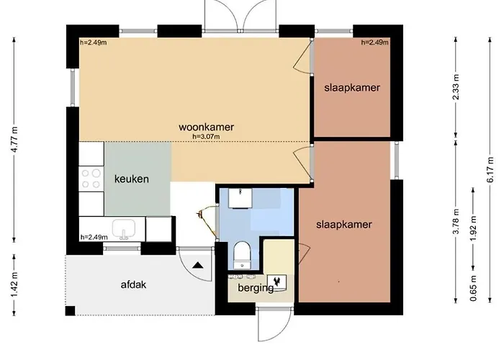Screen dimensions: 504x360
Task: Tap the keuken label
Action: click(132, 179)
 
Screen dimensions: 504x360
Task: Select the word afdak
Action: click(133, 284)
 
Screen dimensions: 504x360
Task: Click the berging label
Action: click(256, 288)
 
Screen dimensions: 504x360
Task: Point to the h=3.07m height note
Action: click(206, 137)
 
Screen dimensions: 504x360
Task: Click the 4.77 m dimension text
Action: click(14, 140)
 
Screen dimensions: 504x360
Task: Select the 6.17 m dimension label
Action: click(490, 170)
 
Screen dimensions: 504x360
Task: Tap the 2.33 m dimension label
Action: click(456, 87)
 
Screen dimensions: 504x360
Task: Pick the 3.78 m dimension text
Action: click(456, 222)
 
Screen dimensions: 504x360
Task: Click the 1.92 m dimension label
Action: click(473, 228)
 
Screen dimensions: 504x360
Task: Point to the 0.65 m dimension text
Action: click(473, 288)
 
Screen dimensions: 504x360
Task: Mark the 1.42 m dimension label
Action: click(14, 284)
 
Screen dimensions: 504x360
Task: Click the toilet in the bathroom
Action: click(242, 255)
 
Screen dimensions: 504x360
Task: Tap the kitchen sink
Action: click(124, 229)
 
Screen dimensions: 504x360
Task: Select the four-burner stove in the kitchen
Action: click(91, 179)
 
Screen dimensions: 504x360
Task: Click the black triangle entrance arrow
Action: click(198, 265)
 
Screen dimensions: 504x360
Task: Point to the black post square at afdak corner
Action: click(70, 311)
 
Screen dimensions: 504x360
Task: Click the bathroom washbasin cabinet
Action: click(240, 198)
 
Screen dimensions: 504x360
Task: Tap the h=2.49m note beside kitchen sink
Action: click(94, 237)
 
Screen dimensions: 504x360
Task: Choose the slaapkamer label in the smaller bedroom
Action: click(352, 87)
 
